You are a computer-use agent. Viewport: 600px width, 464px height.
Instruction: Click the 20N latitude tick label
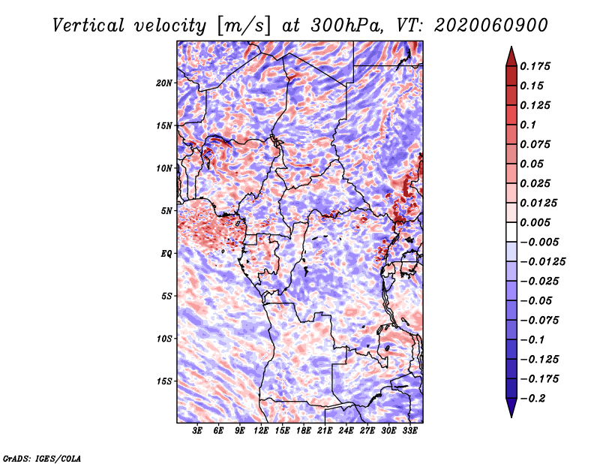pyautogui.click(x=164, y=83)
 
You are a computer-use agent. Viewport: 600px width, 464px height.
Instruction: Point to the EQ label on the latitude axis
pyautogui.click(x=166, y=254)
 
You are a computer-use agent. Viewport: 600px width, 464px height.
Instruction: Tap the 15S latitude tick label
pyautogui.click(x=164, y=381)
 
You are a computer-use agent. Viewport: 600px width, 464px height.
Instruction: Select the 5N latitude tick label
pyautogui.click(x=166, y=211)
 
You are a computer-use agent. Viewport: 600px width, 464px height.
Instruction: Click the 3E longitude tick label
pyautogui.click(x=197, y=431)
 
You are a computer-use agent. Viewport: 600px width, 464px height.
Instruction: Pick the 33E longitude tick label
pyautogui.click(x=409, y=431)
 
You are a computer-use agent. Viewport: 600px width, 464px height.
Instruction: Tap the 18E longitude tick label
pyautogui.click(x=304, y=431)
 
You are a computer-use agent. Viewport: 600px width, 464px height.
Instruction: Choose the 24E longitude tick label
pyautogui.click(x=346, y=431)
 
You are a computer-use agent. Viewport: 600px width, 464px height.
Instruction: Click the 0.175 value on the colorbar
pyautogui.click(x=535, y=66)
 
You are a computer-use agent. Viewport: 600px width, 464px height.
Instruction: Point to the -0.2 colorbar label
pyautogui.click(x=532, y=399)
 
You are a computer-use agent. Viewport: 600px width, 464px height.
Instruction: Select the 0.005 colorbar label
pyautogui.click(x=535, y=222)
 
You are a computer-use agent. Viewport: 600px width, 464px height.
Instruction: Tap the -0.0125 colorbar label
pyautogui.click(x=542, y=262)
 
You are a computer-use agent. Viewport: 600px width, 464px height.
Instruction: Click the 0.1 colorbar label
pyautogui.click(x=528, y=125)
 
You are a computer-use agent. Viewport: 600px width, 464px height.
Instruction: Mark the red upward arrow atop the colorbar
pyautogui.click(x=511, y=57)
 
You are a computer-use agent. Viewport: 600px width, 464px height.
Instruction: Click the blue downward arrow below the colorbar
pyautogui.click(x=511, y=408)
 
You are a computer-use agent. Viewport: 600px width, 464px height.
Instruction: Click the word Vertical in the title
pyautogui.click(x=88, y=26)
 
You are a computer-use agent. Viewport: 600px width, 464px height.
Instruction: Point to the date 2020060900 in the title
pyautogui.click(x=491, y=26)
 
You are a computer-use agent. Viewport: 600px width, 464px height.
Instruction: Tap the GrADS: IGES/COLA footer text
pyautogui.click(x=42, y=458)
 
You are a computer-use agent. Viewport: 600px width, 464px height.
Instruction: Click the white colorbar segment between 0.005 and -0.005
pyautogui.click(x=511, y=232)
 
